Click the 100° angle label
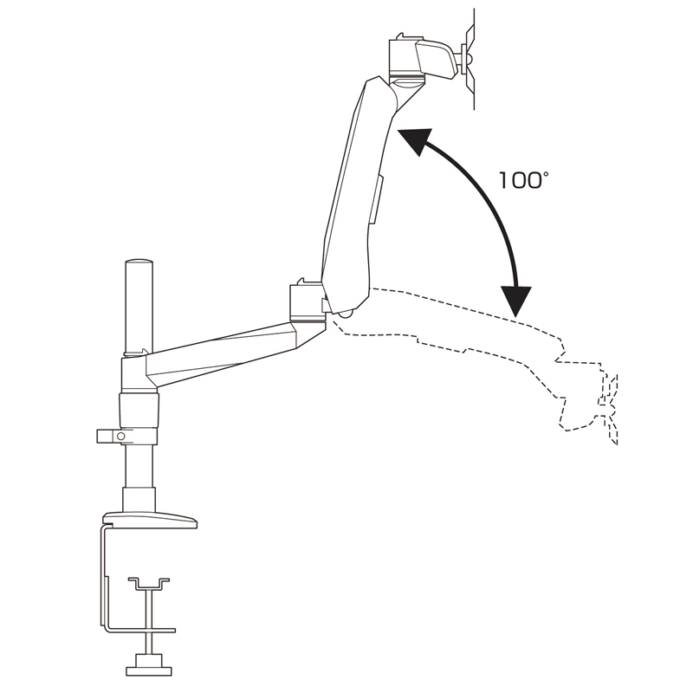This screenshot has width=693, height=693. [521, 180]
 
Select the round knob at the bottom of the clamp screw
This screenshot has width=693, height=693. [150, 670]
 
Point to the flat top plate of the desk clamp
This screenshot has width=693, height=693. [149, 520]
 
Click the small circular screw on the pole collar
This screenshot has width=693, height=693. [121, 437]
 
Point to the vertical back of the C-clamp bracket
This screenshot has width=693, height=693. [105, 580]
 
